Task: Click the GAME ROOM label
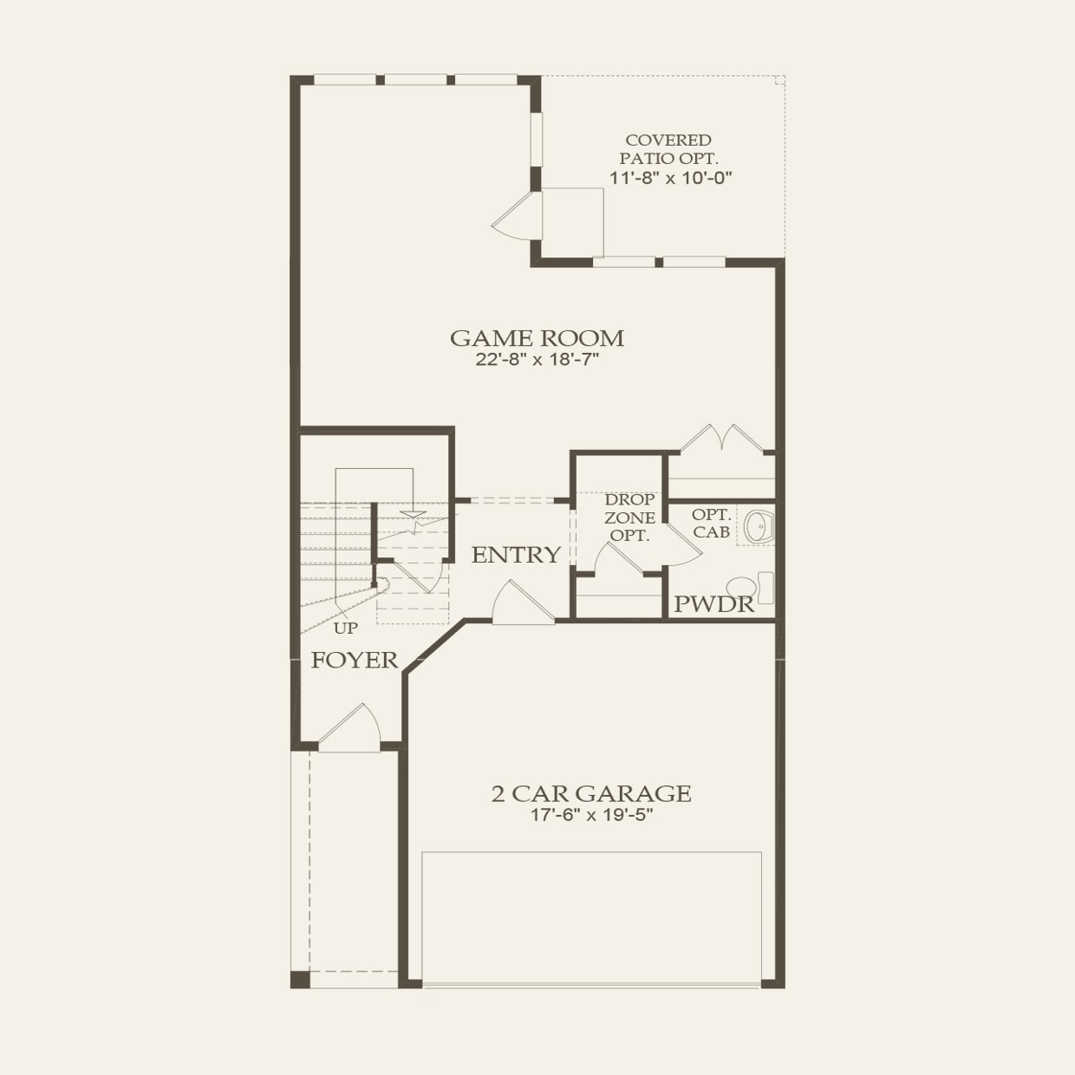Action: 537,338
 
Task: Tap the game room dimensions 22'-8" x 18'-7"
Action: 537,360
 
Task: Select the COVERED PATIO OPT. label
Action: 668,149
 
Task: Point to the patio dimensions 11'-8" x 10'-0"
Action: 671,178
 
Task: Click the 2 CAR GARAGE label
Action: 591,793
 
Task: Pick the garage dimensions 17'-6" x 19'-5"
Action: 591,815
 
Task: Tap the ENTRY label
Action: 516,555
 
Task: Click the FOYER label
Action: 355,661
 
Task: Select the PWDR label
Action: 713,604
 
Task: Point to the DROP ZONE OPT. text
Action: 629,518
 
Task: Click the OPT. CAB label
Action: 711,524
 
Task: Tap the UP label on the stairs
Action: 345,629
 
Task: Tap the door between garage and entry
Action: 520,604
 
